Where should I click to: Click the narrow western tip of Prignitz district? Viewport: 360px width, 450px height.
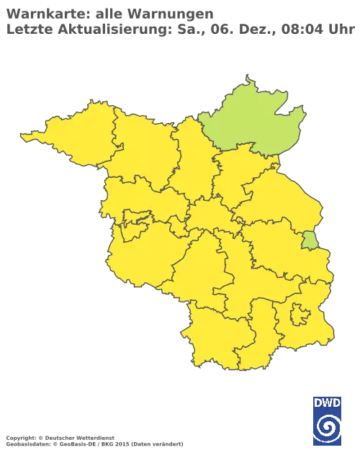(32, 134)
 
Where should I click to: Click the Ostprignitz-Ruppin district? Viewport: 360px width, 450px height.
(140, 148)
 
